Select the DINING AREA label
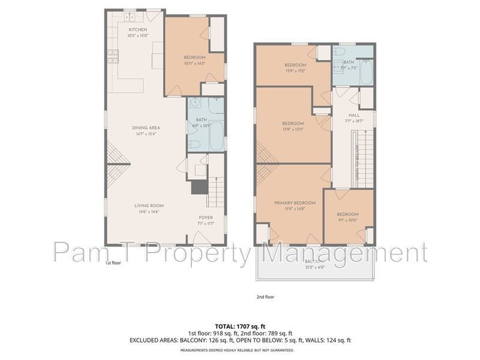[146, 128]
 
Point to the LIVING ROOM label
[149, 206]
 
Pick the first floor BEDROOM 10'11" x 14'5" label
[194, 57]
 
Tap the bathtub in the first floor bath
[217, 136]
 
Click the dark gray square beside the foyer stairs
[198, 188]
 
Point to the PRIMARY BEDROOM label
[290, 203]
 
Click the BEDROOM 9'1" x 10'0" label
[347, 215]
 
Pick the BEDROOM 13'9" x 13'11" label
[294, 124]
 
